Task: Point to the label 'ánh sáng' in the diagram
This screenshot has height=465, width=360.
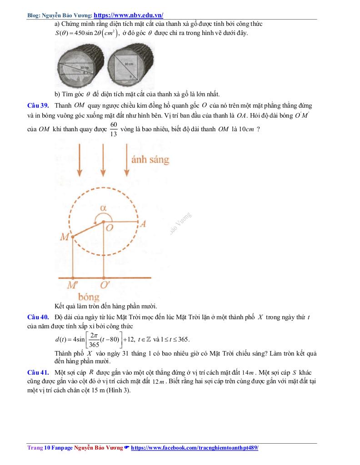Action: (x=150, y=159)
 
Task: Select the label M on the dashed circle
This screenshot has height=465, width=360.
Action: (x=65, y=237)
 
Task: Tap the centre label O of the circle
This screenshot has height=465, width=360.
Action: (x=109, y=228)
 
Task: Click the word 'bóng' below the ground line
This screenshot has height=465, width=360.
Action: (x=89, y=297)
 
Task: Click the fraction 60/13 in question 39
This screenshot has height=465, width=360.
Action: (x=114, y=129)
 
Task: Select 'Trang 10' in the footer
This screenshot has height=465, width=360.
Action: (x=35, y=448)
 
